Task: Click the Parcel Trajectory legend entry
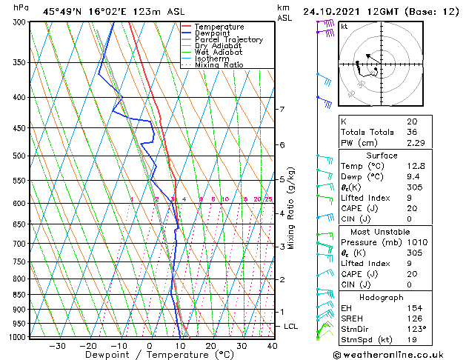[x=228, y=40]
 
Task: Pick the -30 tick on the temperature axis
[x=57, y=346]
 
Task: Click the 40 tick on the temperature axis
[x=272, y=346]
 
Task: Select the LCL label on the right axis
[x=291, y=327]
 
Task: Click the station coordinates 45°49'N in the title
[x=65, y=12]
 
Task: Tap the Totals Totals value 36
[x=411, y=133]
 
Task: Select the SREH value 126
[x=413, y=318]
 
